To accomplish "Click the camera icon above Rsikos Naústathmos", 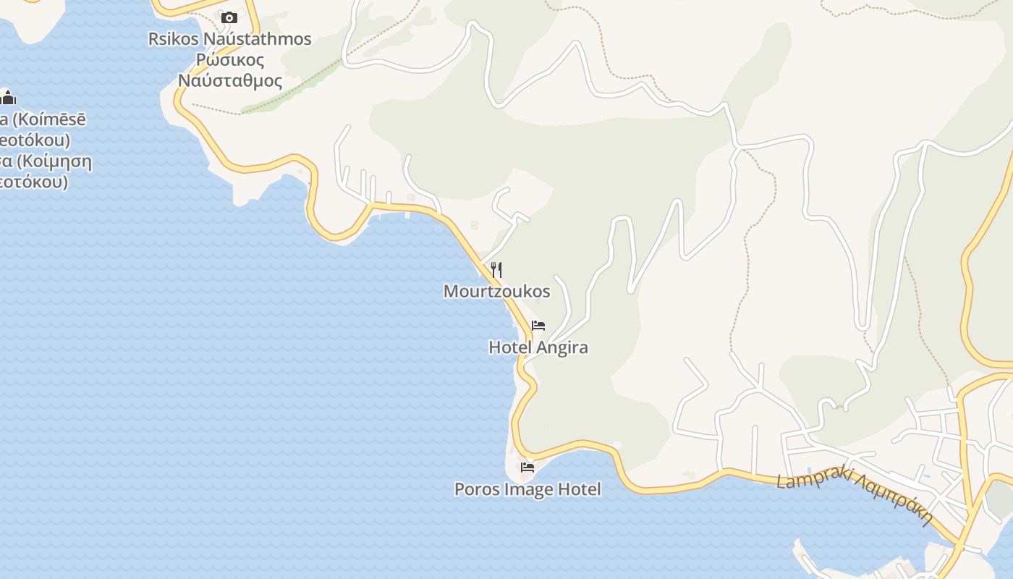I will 229,17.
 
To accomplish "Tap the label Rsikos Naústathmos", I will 229,39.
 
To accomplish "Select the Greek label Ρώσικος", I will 230,60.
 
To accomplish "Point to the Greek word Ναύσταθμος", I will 229,80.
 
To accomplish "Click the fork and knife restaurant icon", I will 496,270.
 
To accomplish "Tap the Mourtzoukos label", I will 496,292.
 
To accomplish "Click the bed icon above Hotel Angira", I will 538,326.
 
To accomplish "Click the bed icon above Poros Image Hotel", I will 527,468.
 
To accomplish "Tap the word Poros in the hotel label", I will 476,489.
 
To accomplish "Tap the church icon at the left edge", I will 8,97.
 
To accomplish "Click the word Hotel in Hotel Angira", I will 510,347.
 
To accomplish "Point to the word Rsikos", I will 173,39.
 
